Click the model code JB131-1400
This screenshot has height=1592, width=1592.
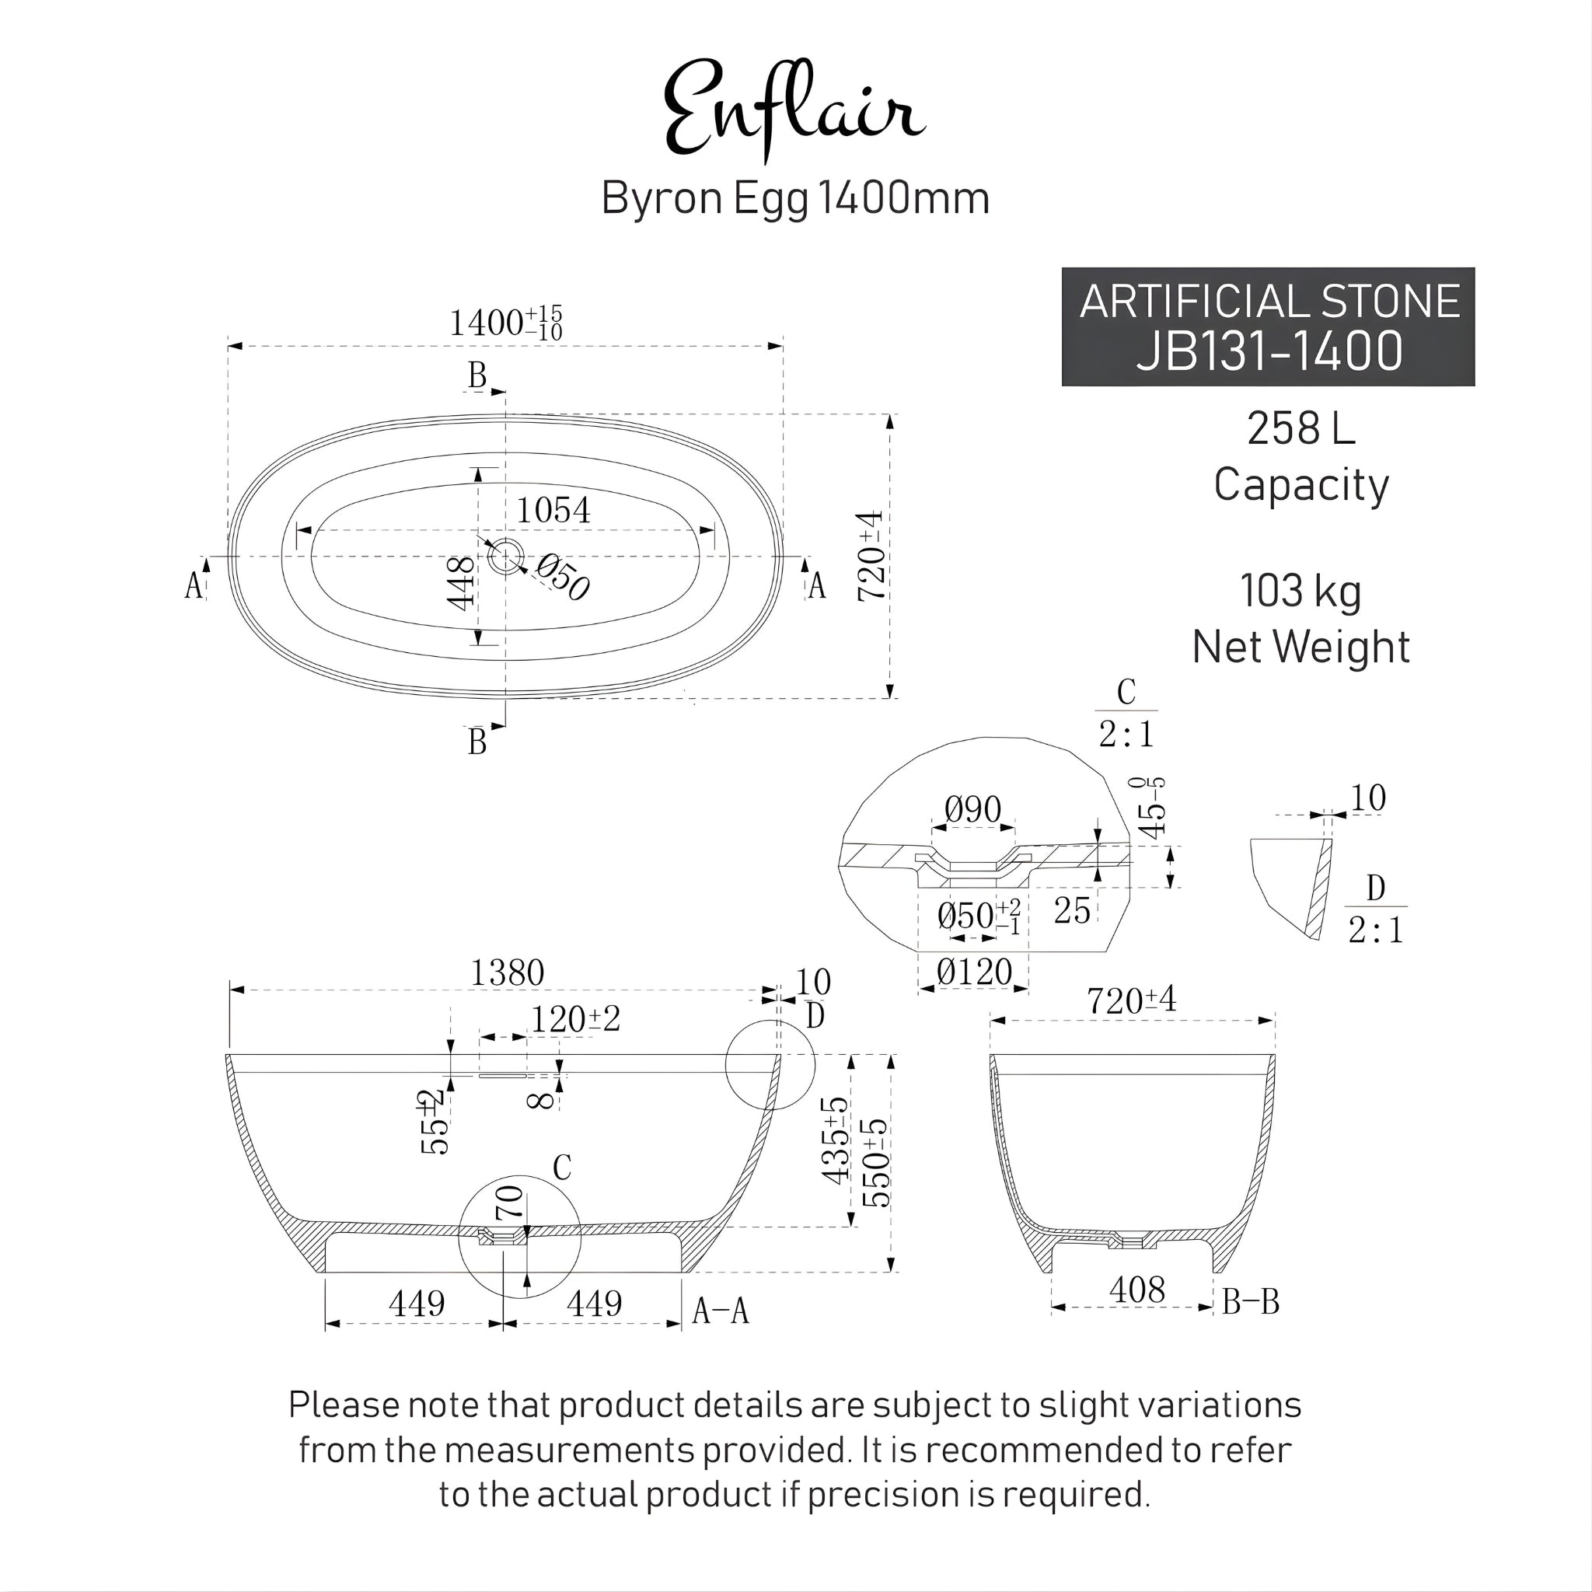point(1269,351)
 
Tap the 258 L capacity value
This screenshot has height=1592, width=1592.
point(1300,428)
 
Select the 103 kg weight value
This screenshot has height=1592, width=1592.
point(1300,591)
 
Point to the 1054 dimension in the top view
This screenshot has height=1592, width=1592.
point(553,511)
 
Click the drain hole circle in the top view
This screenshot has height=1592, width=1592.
point(504,557)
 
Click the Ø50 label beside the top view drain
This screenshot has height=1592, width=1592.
point(563,577)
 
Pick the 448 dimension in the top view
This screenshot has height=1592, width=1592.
point(462,584)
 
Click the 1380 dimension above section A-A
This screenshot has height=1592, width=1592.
point(507,973)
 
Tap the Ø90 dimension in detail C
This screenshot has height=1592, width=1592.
point(972,810)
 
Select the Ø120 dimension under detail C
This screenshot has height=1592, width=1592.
point(973,972)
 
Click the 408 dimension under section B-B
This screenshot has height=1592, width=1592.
point(1136,1290)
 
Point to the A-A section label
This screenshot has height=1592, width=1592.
point(720,1310)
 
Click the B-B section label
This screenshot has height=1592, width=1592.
point(1250,1302)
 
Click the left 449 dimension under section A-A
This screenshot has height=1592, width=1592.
point(416,1304)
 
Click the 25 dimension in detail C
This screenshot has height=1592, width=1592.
point(1071,910)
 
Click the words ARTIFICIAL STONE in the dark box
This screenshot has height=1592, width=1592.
point(1269,302)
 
